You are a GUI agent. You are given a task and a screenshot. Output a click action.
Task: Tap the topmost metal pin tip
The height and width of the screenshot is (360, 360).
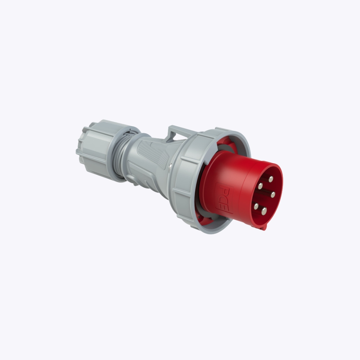coord(271,179)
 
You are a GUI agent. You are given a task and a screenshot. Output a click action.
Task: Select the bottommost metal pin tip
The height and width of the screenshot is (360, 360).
coord(264,211)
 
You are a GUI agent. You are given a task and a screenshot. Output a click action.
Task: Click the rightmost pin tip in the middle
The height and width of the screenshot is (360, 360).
coord(273,195)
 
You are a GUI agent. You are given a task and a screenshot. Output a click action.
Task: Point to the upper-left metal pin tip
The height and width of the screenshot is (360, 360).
coord(260,186)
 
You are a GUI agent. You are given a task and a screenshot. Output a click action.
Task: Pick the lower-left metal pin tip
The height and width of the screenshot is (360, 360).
coord(256,206)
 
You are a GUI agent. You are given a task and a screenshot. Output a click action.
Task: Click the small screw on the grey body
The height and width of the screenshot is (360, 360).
coord(170,165)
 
